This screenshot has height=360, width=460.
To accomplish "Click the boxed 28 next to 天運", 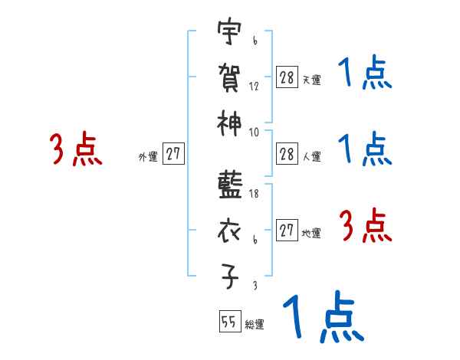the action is (x=287, y=77).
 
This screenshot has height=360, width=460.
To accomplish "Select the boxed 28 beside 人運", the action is (x=287, y=154).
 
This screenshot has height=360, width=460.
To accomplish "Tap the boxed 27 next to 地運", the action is (x=287, y=231).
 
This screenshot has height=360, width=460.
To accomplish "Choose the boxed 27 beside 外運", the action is (x=173, y=155).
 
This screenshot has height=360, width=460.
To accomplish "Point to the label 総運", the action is (x=255, y=325).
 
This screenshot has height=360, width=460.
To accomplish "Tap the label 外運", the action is (x=147, y=157).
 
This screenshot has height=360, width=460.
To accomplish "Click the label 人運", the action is (x=311, y=157).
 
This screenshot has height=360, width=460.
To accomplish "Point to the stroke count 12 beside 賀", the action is (x=254, y=86).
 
